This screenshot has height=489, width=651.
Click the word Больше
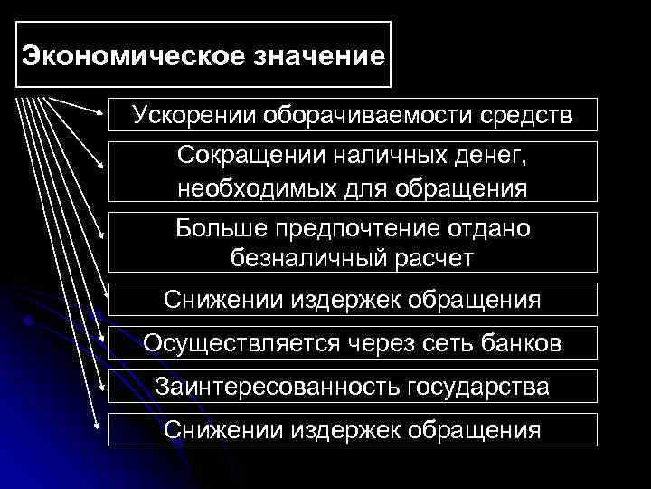[218, 229]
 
